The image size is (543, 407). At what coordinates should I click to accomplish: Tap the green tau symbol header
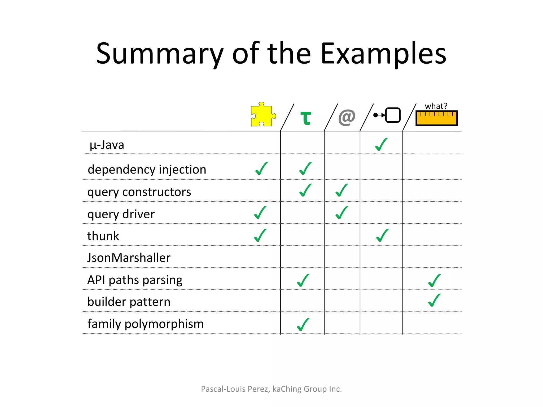pyautogui.click(x=305, y=118)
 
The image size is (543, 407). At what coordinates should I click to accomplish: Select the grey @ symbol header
pyautogui.click(x=347, y=117)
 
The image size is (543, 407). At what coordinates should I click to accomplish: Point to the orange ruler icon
pyautogui.click(x=436, y=118)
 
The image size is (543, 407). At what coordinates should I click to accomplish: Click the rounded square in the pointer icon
pyautogui.click(x=393, y=115)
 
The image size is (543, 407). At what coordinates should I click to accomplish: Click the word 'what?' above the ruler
pyautogui.click(x=436, y=106)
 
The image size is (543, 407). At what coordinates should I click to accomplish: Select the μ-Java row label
pyautogui.click(x=107, y=145)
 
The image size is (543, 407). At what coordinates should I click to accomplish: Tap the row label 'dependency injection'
pyautogui.click(x=147, y=170)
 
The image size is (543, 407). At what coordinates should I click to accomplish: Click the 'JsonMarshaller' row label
pyautogui.click(x=129, y=258)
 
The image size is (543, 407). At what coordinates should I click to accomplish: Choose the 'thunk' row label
pyautogui.click(x=103, y=236)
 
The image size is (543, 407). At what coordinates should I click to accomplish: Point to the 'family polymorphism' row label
pyautogui.click(x=146, y=324)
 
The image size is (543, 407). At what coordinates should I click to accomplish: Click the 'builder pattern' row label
pyautogui.click(x=129, y=302)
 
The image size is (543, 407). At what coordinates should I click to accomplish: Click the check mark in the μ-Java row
pyautogui.click(x=381, y=145)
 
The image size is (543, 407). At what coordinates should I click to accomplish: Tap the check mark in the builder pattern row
pyautogui.click(x=434, y=300)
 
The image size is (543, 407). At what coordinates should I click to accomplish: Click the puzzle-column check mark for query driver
pyautogui.click(x=260, y=213)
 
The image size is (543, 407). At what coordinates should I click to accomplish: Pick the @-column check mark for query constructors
pyautogui.click(x=341, y=191)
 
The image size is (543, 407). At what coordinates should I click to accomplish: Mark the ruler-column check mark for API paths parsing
pyautogui.click(x=434, y=281)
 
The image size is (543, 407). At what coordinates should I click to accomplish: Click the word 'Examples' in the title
pyautogui.click(x=383, y=54)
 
